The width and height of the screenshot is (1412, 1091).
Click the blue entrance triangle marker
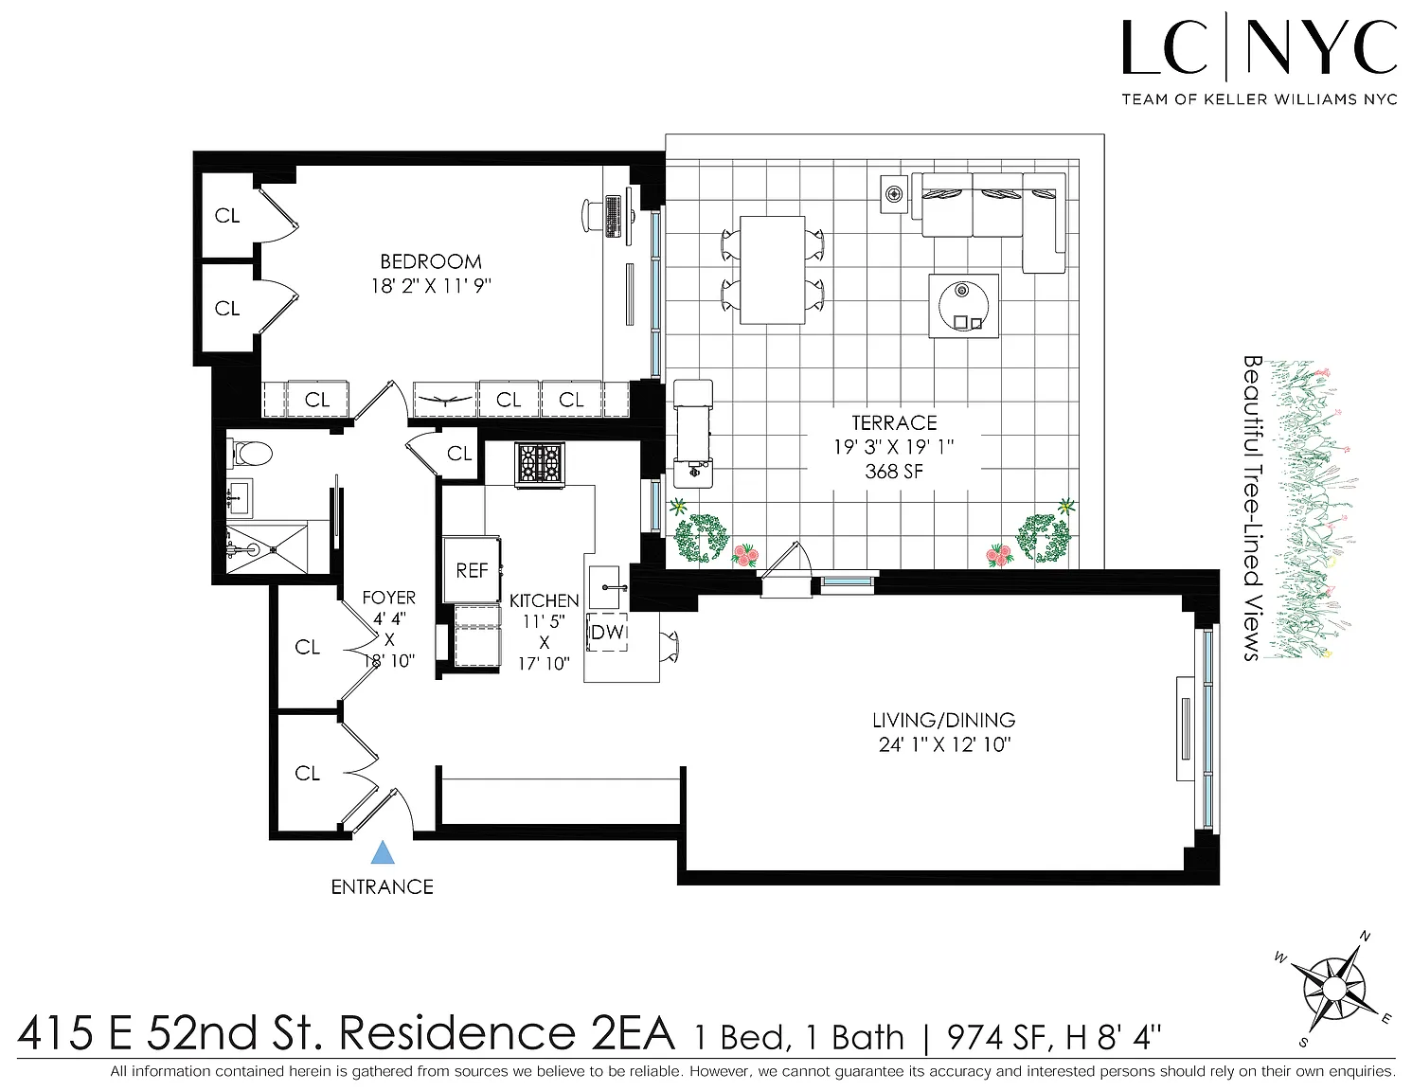(x=383, y=852)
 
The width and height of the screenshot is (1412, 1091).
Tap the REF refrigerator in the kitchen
(x=472, y=570)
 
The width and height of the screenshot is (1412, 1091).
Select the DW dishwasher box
(x=608, y=632)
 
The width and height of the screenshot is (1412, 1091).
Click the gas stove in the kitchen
(x=540, y=464)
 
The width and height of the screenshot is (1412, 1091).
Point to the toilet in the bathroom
(x=249, y=453)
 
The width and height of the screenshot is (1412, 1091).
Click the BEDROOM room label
(x=431, y=262)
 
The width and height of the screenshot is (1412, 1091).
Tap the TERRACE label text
(x=894, y=423)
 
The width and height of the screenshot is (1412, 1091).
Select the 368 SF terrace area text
(x=894, y=471)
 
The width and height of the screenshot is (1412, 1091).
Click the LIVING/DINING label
(x=943, y=720)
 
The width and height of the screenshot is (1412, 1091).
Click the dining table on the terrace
(x=773, y=270)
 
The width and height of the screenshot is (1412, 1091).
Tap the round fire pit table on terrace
(x=964, y=306)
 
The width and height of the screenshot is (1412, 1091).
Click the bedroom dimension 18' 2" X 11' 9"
(x=431, y=286)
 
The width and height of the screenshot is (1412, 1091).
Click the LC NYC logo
(x=1259, y=60)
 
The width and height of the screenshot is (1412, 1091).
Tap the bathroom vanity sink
(x=240, y=498)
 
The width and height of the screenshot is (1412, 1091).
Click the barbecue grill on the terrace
(x=692, y=434)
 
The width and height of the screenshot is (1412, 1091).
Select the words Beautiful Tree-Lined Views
(x=1252, y=508)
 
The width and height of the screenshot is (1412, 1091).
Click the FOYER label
(x=388, y=598)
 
